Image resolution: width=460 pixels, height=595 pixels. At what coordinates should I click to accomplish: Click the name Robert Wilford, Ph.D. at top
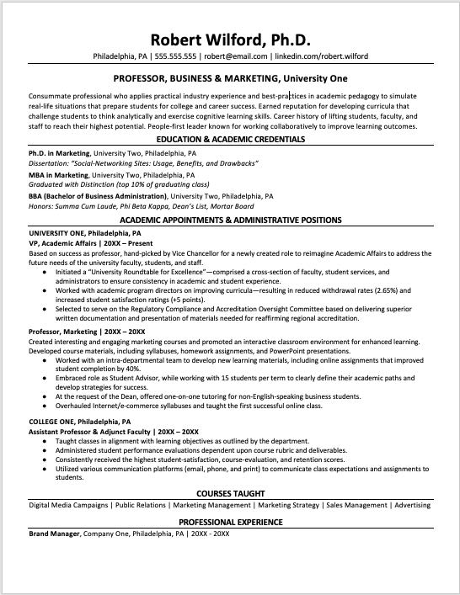[230, 40]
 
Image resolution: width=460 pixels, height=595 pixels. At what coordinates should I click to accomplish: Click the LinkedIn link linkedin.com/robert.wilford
[321, 56]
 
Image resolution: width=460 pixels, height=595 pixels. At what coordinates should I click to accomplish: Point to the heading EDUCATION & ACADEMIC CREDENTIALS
[230, 138]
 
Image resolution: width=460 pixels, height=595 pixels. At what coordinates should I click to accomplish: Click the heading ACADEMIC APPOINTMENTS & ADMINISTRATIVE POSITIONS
[230, 220]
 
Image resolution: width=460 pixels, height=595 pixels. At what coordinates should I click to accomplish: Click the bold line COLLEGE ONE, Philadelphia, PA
[80, 421]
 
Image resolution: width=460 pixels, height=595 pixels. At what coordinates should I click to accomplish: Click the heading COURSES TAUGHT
[230, 492]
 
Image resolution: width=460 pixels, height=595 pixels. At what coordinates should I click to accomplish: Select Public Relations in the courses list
[140, 506]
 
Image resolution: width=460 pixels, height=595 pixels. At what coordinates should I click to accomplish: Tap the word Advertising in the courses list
[412, 506]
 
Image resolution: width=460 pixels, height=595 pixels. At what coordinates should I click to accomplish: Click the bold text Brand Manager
[55, 534]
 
